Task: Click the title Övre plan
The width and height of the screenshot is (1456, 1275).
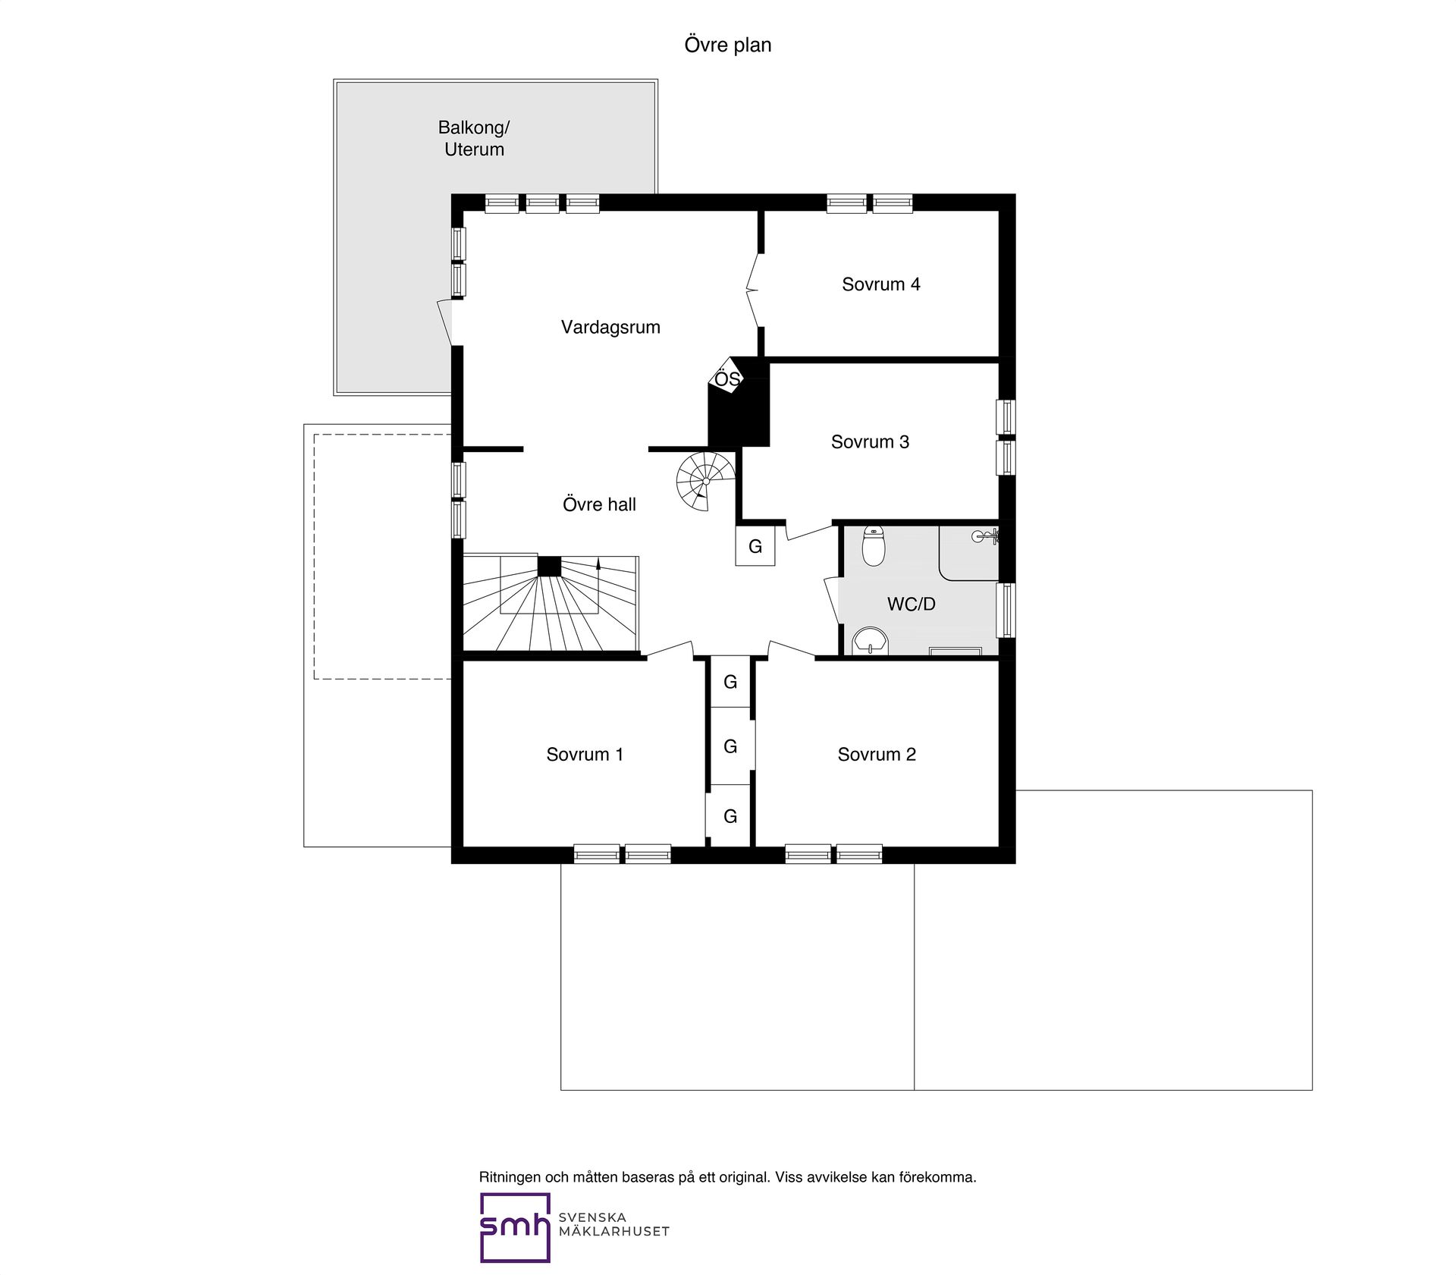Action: point(728,45)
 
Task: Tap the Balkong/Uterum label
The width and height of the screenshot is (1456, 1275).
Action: point(474,138)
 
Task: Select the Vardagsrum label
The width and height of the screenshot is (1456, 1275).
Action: point(610,327)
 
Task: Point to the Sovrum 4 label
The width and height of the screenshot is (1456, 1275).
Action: point(880,284)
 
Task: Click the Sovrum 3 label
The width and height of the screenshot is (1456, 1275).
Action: point(870,441)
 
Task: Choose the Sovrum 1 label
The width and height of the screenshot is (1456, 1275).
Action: point(585,754)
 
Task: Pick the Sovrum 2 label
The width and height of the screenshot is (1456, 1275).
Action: point(877,754)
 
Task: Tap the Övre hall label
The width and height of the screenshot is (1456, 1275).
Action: point(599,504)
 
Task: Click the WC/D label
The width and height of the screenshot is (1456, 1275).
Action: point(912,604)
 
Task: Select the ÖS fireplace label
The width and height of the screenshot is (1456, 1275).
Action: point(727,378)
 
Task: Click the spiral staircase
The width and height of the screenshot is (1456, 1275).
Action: point(706,481)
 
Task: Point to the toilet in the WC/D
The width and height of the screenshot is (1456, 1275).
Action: point(874,546)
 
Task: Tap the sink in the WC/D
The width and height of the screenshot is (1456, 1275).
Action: point(871,641)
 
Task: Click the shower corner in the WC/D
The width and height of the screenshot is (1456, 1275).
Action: point(969,553)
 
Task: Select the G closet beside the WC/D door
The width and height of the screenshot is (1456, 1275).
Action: point(755,546)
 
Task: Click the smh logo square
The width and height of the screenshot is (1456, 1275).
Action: point(515,1227)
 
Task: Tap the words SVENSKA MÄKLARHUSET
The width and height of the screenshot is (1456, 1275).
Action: point(613,1224)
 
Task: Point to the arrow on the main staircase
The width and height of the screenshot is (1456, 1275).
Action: point(598,586)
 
